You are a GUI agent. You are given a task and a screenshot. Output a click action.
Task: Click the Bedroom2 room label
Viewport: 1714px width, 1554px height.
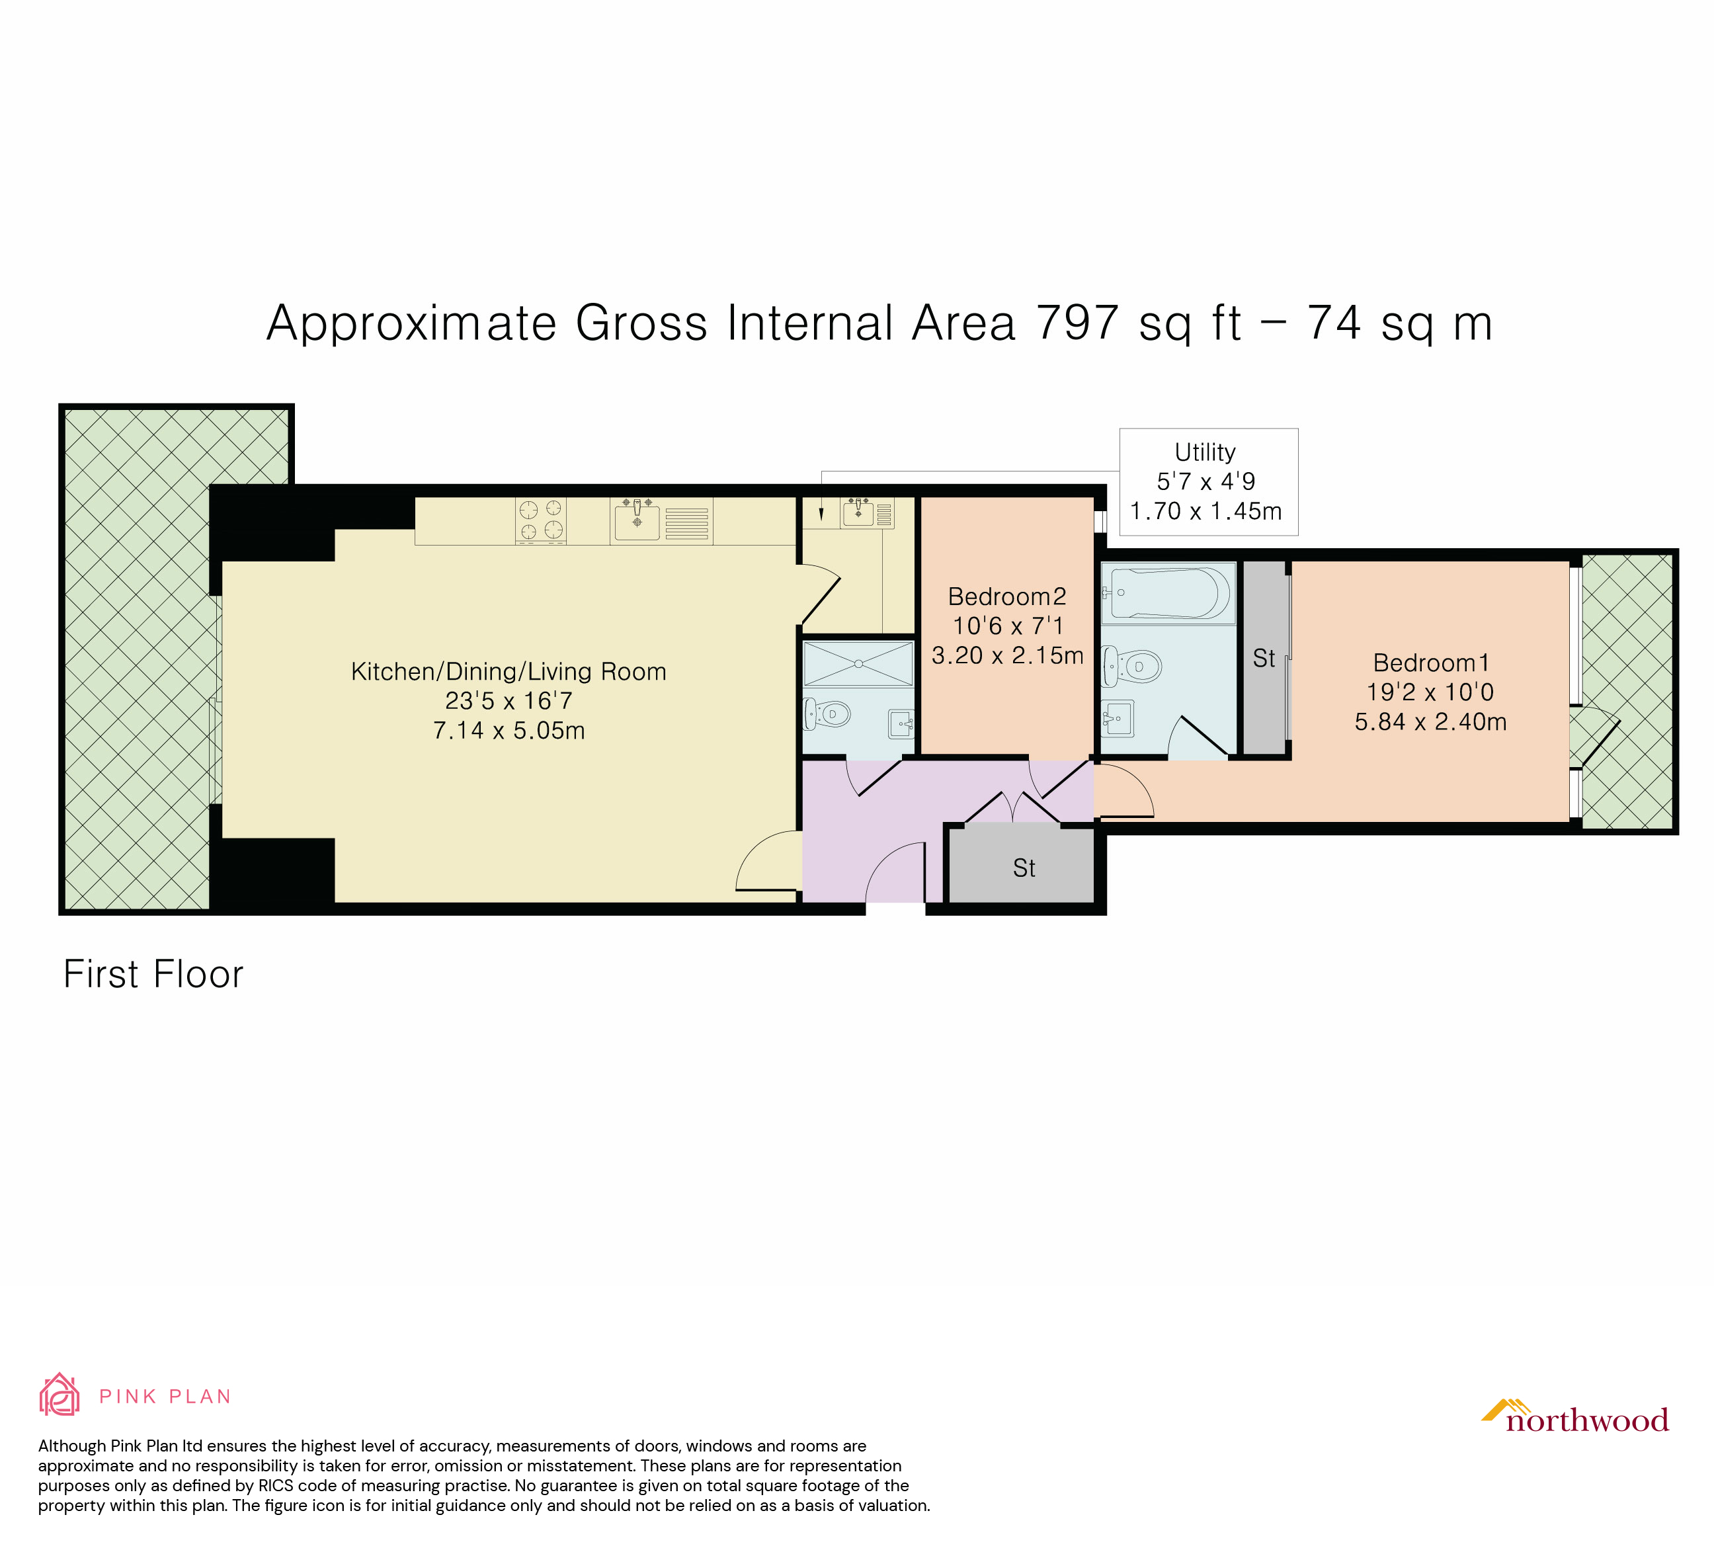tap(1006, 596)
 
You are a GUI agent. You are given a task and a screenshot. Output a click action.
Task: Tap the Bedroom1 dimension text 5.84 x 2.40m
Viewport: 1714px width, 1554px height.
tap(1430, 721)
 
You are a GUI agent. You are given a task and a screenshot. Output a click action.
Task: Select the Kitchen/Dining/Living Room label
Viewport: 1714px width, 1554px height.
tap(509, 672)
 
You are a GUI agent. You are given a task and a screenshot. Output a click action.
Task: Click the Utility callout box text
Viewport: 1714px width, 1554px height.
tap(1205, 481)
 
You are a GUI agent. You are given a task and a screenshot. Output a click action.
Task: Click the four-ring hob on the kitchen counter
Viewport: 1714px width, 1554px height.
tap(541, 520)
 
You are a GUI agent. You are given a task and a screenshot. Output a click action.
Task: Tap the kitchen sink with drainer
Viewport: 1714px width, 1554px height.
tap(661, 520)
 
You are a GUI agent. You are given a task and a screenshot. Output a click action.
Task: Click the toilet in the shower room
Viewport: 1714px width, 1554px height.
tap(825, 714)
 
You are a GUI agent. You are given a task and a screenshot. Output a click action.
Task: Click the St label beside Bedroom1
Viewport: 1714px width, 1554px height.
tap(1264, 658)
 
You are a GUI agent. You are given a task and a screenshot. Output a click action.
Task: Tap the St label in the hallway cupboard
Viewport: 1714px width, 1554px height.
tap(1024, 868)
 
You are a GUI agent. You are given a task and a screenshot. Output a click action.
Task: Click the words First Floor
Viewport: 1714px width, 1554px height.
tap(153, 974)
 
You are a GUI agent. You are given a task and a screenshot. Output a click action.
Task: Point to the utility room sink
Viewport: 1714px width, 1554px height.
tap(859, 513)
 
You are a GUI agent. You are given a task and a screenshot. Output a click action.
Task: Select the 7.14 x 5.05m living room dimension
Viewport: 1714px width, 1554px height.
tap(509, 730)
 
